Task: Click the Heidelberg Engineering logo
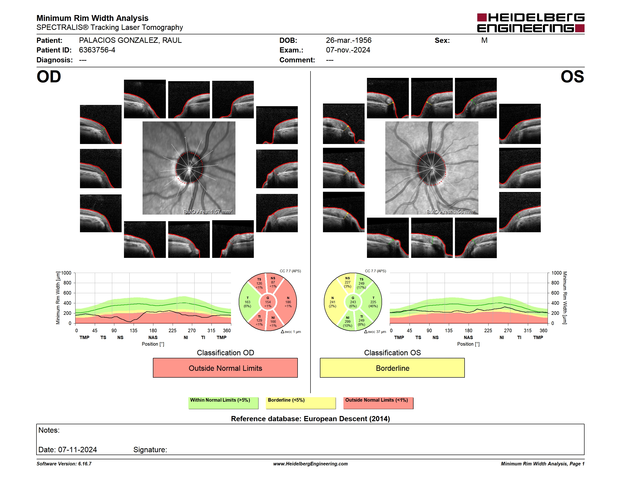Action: coord(531,23)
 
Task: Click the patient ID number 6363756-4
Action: coord(97,50)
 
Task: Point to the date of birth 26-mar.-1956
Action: coord(349,40)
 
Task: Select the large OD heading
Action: coord(49,77)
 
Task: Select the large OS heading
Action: coord(572,77)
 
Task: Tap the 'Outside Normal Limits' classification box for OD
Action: coord(225,368)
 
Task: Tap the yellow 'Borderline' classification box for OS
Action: coord(392,368)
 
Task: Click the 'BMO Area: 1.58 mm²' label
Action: coord(451,212)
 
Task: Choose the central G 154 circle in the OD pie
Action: coord(268,302)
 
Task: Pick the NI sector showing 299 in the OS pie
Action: coord(347,322)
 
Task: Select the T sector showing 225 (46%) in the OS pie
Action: coord(373,302)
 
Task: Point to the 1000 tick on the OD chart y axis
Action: coord(66,273)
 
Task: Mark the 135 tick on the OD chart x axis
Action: coord(133,330)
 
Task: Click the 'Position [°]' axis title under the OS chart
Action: coord(468,344)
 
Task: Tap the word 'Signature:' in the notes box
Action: coord(150,450)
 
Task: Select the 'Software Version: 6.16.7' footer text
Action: coord(64,464)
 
